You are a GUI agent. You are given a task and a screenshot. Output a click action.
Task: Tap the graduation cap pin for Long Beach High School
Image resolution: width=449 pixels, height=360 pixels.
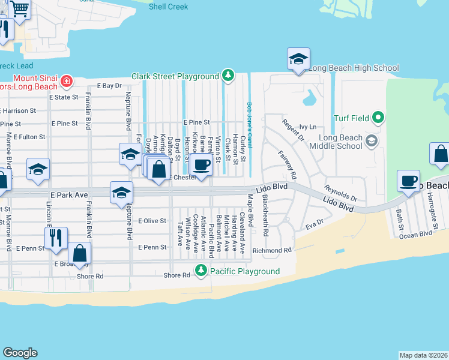[x=298, y=59]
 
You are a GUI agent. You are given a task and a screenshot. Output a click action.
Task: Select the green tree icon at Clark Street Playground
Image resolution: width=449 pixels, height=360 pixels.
[x=228, y=76]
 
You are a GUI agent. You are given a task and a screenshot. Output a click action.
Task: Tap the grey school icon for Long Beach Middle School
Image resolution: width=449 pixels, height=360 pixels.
[x=372, y=141]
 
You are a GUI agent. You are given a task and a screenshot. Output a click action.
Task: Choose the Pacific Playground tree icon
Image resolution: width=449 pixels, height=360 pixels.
[x=202, y=271]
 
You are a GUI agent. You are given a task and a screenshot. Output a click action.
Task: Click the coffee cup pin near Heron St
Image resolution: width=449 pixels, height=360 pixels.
[x=202, y=164]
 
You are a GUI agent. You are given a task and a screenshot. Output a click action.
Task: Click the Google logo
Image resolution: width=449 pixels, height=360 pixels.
[x=20, y=353]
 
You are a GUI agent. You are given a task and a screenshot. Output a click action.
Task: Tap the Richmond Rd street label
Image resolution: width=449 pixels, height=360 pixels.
[x=271, y=250]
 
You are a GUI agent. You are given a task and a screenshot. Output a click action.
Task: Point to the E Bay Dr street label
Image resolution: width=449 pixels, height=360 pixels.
[x=109, y=86]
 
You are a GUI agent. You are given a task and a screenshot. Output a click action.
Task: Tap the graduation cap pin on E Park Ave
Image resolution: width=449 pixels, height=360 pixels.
[x=121, y=193]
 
